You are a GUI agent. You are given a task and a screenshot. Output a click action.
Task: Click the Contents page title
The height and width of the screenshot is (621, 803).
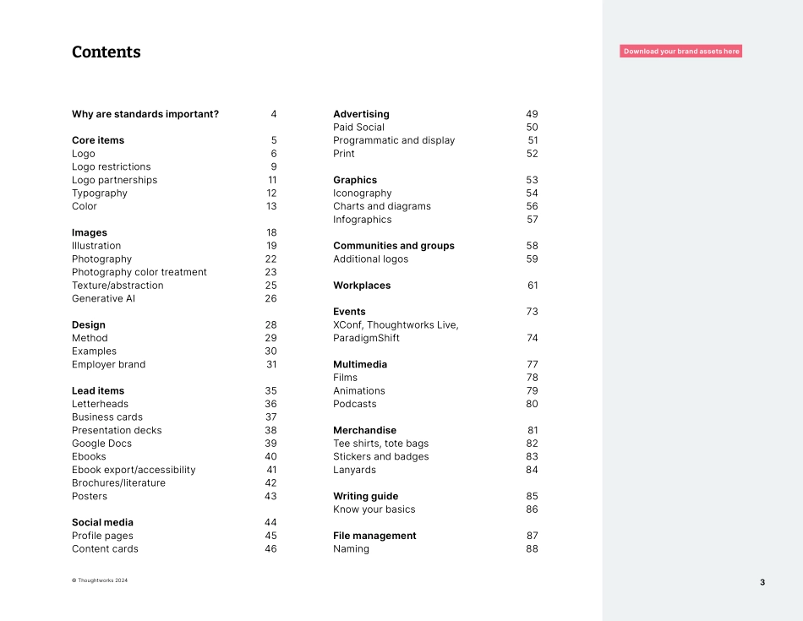coord(106,52)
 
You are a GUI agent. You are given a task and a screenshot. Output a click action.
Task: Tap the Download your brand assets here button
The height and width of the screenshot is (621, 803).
coord(680,52)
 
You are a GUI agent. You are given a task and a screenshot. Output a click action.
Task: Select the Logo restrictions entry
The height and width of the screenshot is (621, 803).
coord(111,166)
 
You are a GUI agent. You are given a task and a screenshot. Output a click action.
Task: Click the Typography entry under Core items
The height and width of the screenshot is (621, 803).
coord(100,193)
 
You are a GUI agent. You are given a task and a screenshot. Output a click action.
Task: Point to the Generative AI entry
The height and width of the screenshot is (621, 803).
coord(103,298)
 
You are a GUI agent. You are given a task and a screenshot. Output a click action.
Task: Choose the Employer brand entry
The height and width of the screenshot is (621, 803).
coord(108,364)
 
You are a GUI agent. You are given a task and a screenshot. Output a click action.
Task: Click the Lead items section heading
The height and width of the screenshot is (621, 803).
coord(98,390)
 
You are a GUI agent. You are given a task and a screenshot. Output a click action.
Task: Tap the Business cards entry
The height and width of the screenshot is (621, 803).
coord(107,417)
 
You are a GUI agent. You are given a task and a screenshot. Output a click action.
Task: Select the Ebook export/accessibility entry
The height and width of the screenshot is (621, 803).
coord(134,470)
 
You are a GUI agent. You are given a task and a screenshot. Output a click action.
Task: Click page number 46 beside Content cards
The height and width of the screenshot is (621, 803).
coord(270,549)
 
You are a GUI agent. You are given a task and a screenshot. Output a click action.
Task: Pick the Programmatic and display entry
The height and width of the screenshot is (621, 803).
coord(394,140)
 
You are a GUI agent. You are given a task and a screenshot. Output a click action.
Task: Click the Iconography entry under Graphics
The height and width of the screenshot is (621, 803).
coord(363,193)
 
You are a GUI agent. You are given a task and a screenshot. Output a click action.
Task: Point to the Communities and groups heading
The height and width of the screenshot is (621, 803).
coord(394,246)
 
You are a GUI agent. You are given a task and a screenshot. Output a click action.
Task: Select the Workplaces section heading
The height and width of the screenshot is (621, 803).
coord(362,286)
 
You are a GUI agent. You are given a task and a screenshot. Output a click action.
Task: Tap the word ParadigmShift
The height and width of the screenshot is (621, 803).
coord(366,338)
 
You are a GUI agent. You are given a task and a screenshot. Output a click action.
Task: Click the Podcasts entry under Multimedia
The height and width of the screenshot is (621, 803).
coord(355,404)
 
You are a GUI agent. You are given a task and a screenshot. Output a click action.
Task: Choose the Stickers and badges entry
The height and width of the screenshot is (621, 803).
coord(380,456)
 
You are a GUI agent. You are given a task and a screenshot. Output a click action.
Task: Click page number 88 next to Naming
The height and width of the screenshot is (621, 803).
coord(532,549)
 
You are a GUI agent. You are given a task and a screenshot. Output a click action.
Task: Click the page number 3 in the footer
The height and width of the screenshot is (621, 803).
coord(762,582)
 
